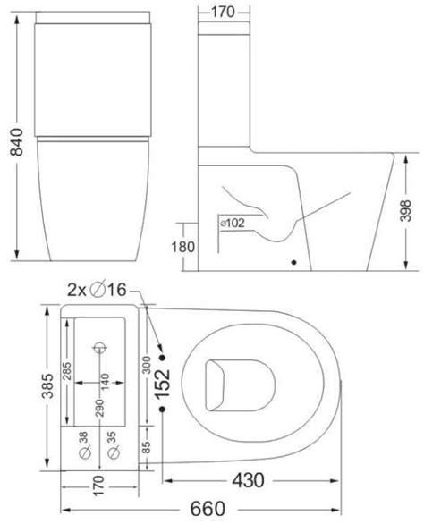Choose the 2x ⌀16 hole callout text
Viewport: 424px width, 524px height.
click(x=101, y=289)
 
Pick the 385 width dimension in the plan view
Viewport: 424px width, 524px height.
click(x=33, y=384)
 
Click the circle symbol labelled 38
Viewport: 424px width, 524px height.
click(x=85, y=454)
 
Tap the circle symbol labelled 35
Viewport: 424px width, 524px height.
click(x=113, y=454)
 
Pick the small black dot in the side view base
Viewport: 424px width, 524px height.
click(x=294, y=263)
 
